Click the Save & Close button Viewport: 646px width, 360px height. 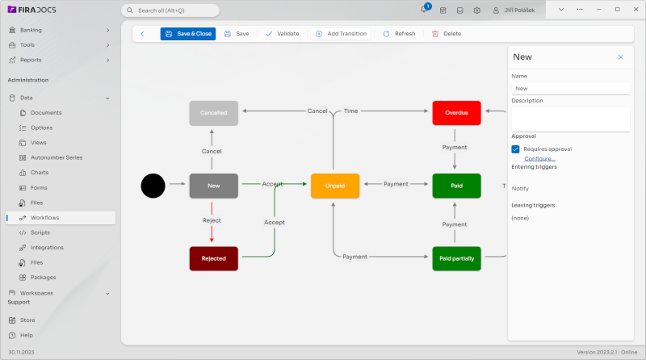pyautogui.click(x=188, y=34)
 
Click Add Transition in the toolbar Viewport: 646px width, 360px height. pyautogui.click(x=341, y=34)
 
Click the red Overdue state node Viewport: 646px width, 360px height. pyautogui.click(x=456, y=113)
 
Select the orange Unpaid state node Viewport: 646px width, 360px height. pyautogui.click(x=334, y=186)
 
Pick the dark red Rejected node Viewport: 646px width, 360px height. pyautogui.click(x=213, y=258)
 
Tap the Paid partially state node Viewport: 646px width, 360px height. pyautogui.click(x=456, y=258)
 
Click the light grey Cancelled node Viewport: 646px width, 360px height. pyautogui.click(x=213, y=113)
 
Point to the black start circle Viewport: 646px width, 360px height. pyautogui.click(x=153, y=186)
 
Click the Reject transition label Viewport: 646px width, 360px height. pyautogui.click(x=212, y=220)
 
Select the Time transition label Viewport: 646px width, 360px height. pyautogui.click(x=350, y=111)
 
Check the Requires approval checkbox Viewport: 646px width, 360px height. pyautogui.click(x=515, y=149)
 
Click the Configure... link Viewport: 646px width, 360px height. pyautogui.click(x=539, y=159)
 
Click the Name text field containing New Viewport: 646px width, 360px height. pyautogui.click(x=570, y=89)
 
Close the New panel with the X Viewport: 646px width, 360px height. pyautogui.click(x=620, y=57)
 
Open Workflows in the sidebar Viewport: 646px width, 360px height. pyautogui.click(x=45, y=218)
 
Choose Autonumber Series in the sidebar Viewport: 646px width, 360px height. pyautogui.click(x=57, y=157)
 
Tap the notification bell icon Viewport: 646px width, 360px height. pyautogui.click(x=424, y=10)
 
